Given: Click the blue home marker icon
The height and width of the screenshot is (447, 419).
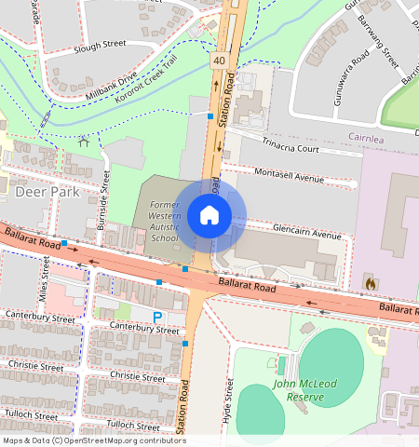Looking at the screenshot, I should [209, 216].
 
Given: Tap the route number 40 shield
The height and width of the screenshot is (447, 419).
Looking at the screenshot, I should [219, 61].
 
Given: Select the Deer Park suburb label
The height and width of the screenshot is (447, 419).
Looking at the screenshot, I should [47, 192].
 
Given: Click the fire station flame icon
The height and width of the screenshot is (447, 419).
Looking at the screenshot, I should [370, 282].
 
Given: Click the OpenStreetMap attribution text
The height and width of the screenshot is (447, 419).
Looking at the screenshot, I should [93, 440].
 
